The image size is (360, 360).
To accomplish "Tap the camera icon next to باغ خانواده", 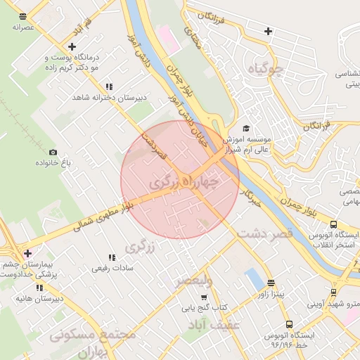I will pos(53,152).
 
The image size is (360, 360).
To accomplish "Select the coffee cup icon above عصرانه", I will pos(23,15).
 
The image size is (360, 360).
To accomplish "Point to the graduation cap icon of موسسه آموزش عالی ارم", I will pos(246,128).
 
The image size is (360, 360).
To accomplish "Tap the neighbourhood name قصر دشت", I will pos(264,235).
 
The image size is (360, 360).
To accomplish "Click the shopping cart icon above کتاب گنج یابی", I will pos(204,297).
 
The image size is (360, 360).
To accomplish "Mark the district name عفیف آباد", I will pos(215,324).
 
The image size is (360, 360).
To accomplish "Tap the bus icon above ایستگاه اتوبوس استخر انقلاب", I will pos(333,224).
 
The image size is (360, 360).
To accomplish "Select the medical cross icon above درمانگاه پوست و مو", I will pos(72,45).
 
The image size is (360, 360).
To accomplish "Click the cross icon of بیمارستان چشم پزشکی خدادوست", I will pos(27,253).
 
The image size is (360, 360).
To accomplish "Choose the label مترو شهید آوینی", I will pos(333,304).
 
